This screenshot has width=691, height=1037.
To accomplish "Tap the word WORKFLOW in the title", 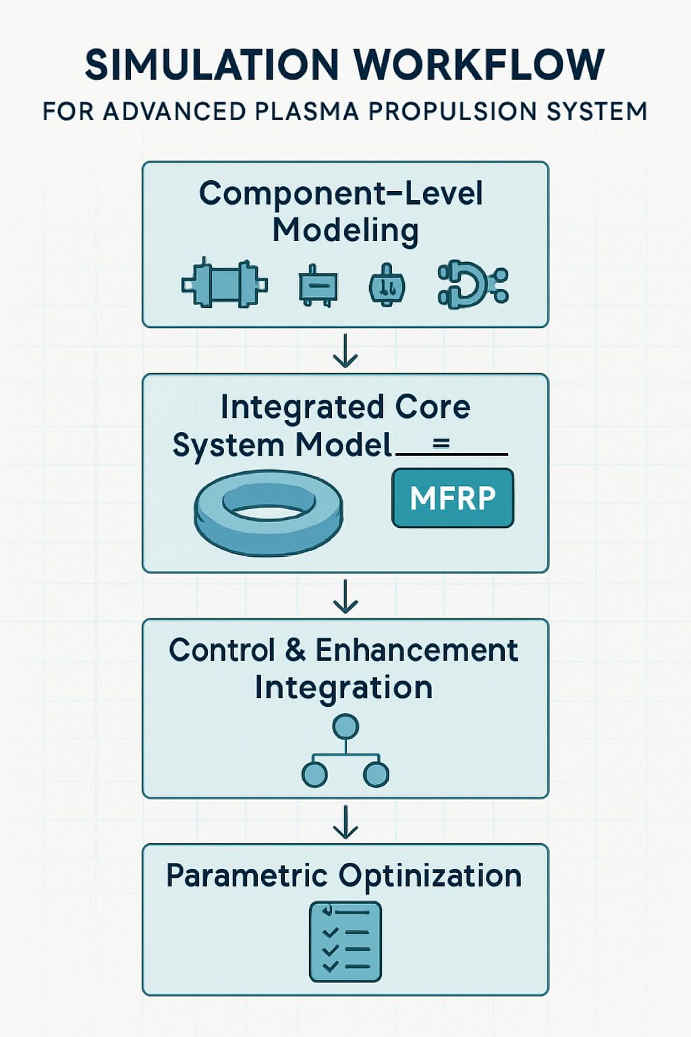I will point(478,65).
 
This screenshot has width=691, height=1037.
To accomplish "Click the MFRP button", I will point(453,498).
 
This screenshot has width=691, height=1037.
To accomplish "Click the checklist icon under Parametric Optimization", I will point(345,941).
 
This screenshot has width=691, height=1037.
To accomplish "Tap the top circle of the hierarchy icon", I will point(345,727).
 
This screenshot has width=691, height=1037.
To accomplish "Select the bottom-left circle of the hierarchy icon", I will point(314,774).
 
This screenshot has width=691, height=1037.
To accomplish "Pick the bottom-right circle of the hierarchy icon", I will point(376,774).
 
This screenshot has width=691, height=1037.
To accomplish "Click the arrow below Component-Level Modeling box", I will point(345,351).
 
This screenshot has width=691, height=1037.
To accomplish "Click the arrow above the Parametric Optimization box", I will point(345,822).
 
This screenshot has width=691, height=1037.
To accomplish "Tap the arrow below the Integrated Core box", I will point(345,596).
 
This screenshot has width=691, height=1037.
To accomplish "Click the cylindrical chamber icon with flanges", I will point(225,283).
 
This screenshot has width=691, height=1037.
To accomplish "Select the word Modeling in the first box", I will point(345,230).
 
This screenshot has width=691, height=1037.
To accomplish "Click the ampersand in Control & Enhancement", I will point(296,650).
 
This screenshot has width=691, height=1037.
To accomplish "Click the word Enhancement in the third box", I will point(416,650).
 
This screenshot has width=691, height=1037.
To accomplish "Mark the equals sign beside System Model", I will point(441,444).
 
